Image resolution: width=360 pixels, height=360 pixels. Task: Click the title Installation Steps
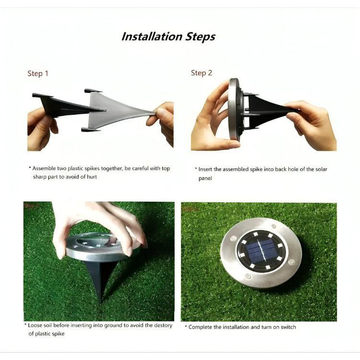pyautogui.click(x=168, y=36)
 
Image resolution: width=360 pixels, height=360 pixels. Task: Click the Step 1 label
pyautogui.click(x=38, y=73)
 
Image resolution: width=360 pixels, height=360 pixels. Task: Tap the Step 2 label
pyautogui.click(x=202, y=73)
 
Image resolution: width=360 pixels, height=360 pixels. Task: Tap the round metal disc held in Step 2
pyautogui.click(x=235, y=109)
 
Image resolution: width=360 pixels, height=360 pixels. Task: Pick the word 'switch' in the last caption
pyautogui.click(x=287, y=327)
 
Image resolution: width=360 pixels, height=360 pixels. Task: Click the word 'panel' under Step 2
pyautogui.click(x=205, y=178)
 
